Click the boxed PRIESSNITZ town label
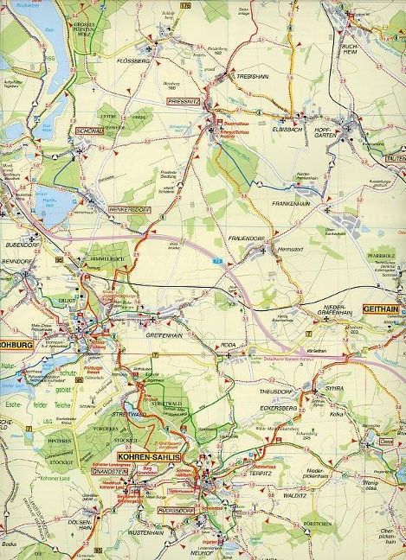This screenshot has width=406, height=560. click(x=183, y=101)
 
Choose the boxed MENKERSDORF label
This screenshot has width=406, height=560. click(x=129, y=209)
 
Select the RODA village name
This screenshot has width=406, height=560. click(x=229, y=344)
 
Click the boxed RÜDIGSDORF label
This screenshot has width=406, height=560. click(x=177, y=510)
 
